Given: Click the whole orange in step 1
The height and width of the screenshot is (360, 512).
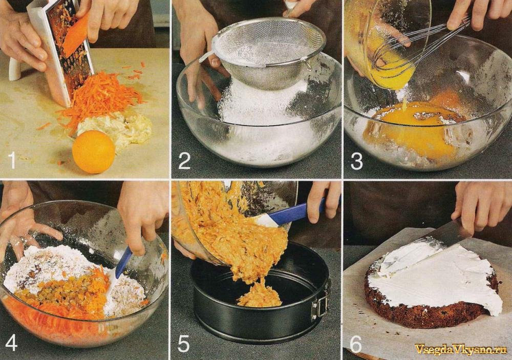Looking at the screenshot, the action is (93, 152).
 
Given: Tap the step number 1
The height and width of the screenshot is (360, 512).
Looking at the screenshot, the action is (12, 160).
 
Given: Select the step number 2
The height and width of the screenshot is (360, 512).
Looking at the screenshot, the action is (184, 161).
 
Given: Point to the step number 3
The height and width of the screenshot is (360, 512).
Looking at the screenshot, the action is (356, 161).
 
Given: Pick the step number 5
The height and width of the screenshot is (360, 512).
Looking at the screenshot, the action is (183, 343).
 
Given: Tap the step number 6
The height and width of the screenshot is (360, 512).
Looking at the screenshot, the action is (356, 344).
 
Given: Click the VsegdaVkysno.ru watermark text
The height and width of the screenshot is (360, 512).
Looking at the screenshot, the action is (460, 349).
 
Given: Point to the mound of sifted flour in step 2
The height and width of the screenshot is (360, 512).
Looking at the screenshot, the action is (261, 104).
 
